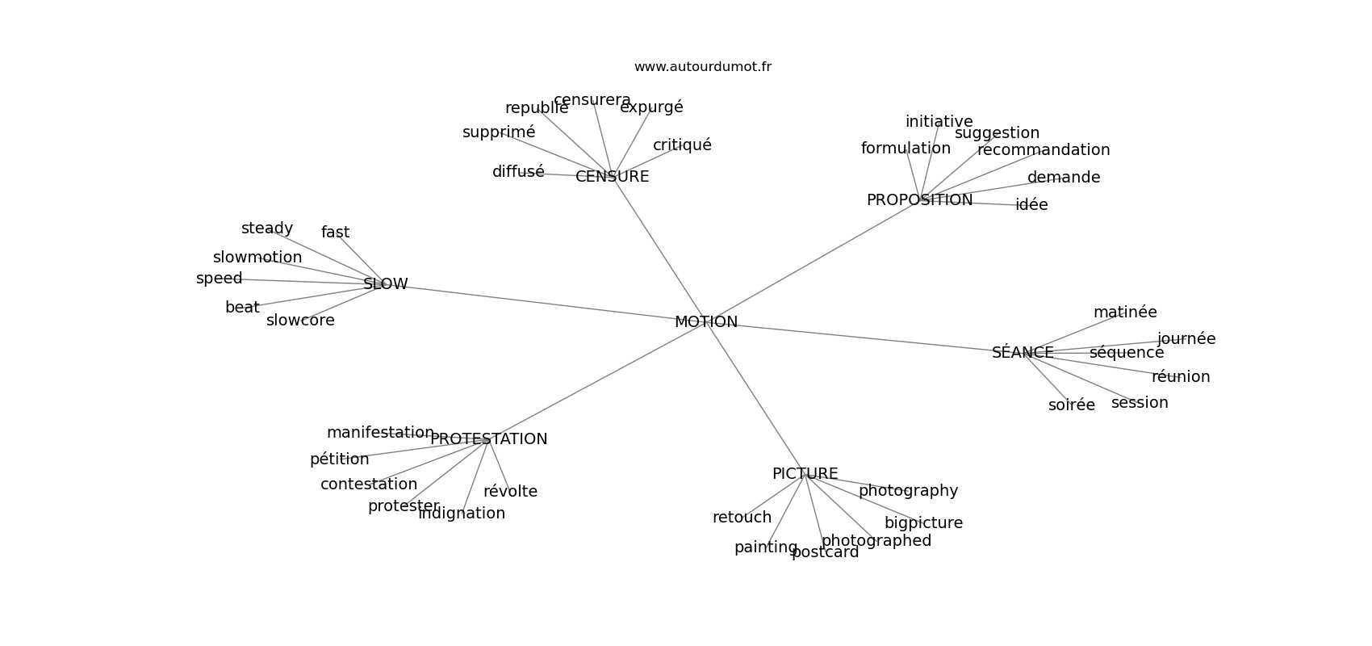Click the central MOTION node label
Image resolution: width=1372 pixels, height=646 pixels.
pos(706,322)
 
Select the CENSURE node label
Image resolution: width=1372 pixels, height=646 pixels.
pos(612,177)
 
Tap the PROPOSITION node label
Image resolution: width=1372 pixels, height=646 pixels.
pos(919,200)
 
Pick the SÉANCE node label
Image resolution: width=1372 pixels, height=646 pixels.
pos(1023,353)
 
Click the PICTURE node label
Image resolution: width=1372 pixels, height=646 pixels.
pos(805,474)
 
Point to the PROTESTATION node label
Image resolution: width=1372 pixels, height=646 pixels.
pos(488,439)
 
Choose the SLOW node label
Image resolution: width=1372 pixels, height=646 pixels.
pos(386,284)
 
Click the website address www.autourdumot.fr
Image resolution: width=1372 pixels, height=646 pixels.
pos(702,67)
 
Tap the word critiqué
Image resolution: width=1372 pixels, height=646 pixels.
pos(682,145)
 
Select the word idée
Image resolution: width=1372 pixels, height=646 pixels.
pos(1031,205)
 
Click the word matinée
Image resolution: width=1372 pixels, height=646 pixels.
pos(1125,313)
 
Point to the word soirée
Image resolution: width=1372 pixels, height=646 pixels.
pos(1072,405)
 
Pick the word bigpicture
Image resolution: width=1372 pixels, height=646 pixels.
pos(923,523)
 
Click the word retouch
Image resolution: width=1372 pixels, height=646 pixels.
pos(742,518)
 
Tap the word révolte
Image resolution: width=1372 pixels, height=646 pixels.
pos(510,492)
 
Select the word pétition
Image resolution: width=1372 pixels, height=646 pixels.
pos(339,459)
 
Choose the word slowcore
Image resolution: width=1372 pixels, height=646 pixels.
pos(300,321)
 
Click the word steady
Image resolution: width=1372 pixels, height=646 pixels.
pos(267,229)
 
